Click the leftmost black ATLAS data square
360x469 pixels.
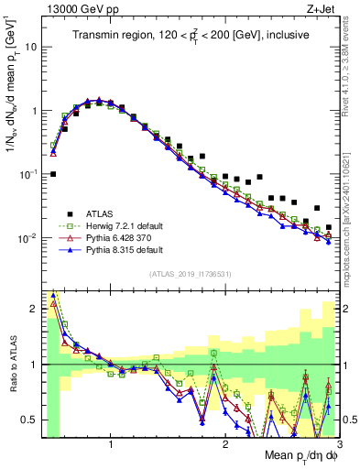pyautogui.click(x=53, y=173)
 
